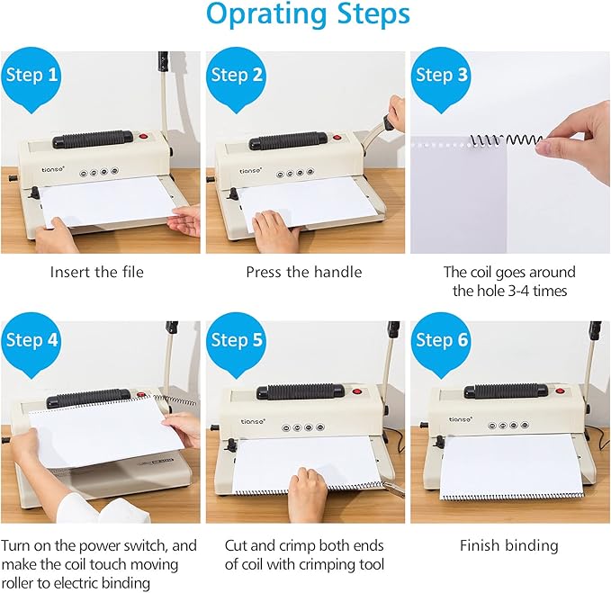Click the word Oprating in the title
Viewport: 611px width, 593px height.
266,14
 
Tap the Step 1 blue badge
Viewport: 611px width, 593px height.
31,78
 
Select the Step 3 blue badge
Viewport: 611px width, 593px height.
441,78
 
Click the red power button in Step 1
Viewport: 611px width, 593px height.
144,137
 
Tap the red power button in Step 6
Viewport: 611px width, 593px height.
560,391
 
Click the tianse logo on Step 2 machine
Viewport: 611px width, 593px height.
250,171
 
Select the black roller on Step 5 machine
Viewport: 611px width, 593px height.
301,391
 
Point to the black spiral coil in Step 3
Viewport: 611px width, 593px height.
506,140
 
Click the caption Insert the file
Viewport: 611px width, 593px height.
96,272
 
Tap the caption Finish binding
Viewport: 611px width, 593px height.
509,545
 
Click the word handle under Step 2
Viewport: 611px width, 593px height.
337,272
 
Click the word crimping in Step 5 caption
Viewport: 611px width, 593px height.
323,564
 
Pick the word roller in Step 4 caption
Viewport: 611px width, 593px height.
17,583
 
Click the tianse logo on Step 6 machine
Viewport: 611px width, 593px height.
460,419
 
